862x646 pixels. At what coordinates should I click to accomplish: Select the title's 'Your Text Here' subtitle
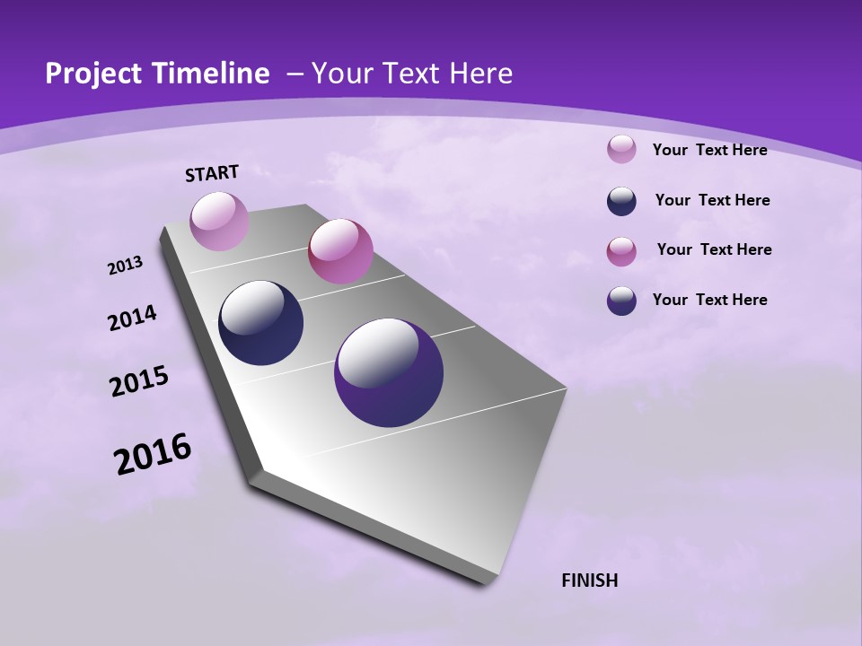[411, 74]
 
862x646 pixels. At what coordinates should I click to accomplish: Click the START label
[212, 173]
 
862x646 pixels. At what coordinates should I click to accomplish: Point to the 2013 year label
[125, 266]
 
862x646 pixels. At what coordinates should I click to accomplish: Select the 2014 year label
[132, 319]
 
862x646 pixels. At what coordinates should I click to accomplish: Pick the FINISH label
[589, 581]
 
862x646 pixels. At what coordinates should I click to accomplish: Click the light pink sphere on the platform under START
[219, 221]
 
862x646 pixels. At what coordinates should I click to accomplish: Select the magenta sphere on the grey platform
[340, 251]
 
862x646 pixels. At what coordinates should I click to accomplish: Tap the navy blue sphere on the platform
[261, 323]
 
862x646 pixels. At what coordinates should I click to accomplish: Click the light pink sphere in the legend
[621, 150]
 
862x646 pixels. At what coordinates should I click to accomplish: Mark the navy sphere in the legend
[621, 201]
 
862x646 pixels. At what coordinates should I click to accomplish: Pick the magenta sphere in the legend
[621, 251]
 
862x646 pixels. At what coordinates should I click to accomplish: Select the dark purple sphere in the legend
[621, 301]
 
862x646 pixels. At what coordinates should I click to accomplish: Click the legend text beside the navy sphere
[712, 200]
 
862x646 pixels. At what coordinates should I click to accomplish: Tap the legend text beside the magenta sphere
[714, 249]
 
